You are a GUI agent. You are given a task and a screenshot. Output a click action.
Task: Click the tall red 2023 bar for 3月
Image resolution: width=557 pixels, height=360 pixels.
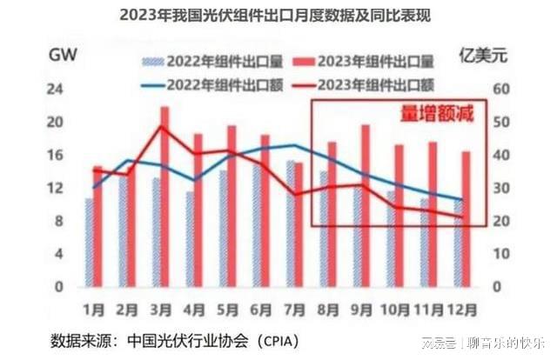(x=164, y=196)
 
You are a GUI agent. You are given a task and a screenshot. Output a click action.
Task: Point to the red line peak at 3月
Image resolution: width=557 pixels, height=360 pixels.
(x=163, y=127)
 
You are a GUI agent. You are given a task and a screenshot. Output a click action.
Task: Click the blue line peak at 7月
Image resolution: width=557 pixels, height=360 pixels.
(x=295, y=144)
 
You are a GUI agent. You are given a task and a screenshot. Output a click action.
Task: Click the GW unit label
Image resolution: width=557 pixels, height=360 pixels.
(x=62, y=57)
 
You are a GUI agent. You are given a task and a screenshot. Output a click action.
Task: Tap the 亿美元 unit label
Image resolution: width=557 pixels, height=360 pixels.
(x=479, y=57)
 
